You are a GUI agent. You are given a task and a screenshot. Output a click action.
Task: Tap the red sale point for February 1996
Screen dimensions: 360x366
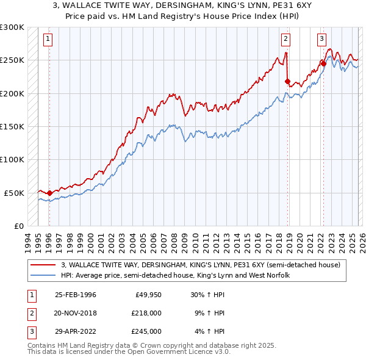49,193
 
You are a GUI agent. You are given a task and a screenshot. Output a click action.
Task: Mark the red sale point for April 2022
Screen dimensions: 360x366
323,63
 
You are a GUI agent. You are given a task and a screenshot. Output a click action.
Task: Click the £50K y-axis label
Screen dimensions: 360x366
14,193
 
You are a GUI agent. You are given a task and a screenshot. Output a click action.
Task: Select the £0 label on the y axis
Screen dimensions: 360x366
18,226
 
